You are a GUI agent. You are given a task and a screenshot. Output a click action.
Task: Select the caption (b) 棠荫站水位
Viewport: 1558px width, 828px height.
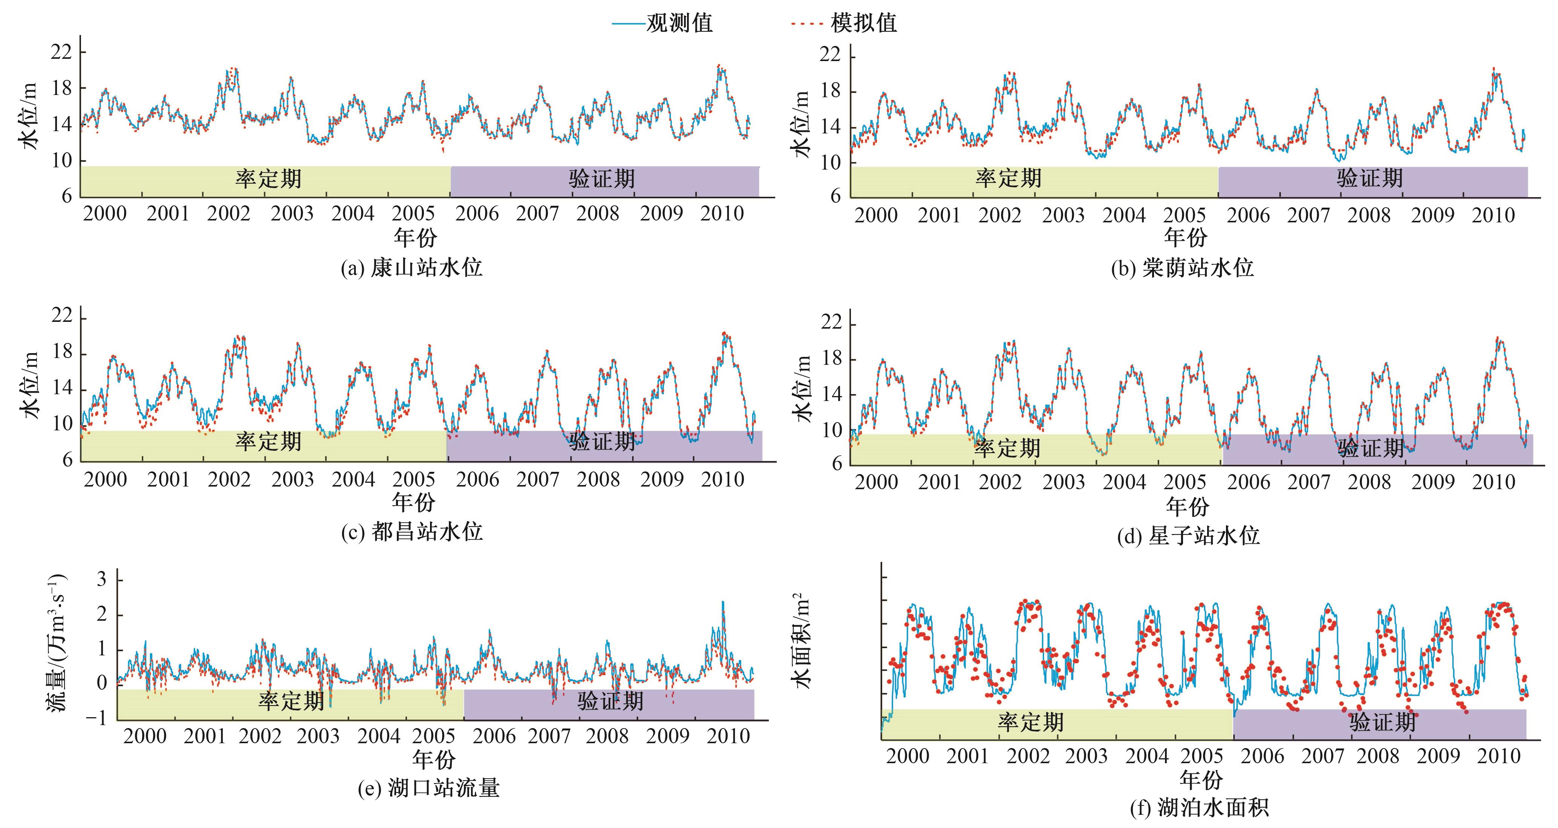point(1182,268)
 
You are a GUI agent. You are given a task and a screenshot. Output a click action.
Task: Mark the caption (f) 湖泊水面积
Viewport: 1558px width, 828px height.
point(1199,807)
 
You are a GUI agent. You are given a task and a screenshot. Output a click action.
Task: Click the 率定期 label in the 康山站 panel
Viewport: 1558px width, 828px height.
point(268,179)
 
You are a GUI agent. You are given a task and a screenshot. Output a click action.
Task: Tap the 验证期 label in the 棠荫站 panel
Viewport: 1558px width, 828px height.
point(1369,178)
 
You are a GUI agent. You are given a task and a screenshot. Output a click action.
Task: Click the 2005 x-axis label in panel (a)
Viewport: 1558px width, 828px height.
point(413,214)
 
